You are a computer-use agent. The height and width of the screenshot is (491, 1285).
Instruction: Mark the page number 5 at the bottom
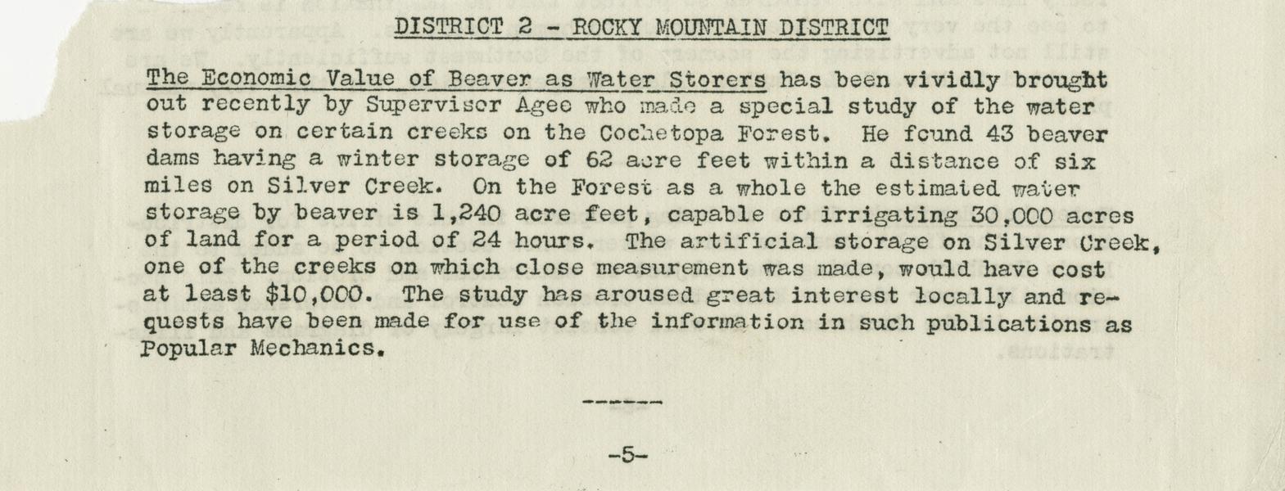click(x=627, y=455)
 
